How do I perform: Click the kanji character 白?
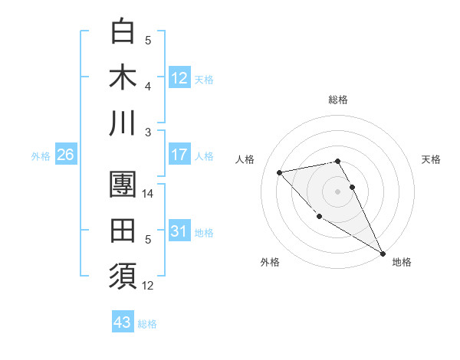pos(123,32)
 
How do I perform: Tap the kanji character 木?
pos(123,77)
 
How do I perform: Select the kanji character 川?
pos(123,123)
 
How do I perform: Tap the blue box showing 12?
pos(179,77)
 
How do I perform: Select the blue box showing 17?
pos(179,155)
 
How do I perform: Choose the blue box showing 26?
pos(65,155)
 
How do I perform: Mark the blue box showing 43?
pos(122,322)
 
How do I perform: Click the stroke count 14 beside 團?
pos(149,194)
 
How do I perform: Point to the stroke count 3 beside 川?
pos(149,132)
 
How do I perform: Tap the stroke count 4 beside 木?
pos(149,86)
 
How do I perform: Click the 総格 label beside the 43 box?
pos(148,324)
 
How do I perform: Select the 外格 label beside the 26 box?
pos(41,156)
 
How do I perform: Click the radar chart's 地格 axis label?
pos(402,262)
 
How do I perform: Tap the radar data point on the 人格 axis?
pos(280,172)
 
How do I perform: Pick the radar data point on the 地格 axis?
pos(383,253)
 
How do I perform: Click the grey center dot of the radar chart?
pos(337,191)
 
